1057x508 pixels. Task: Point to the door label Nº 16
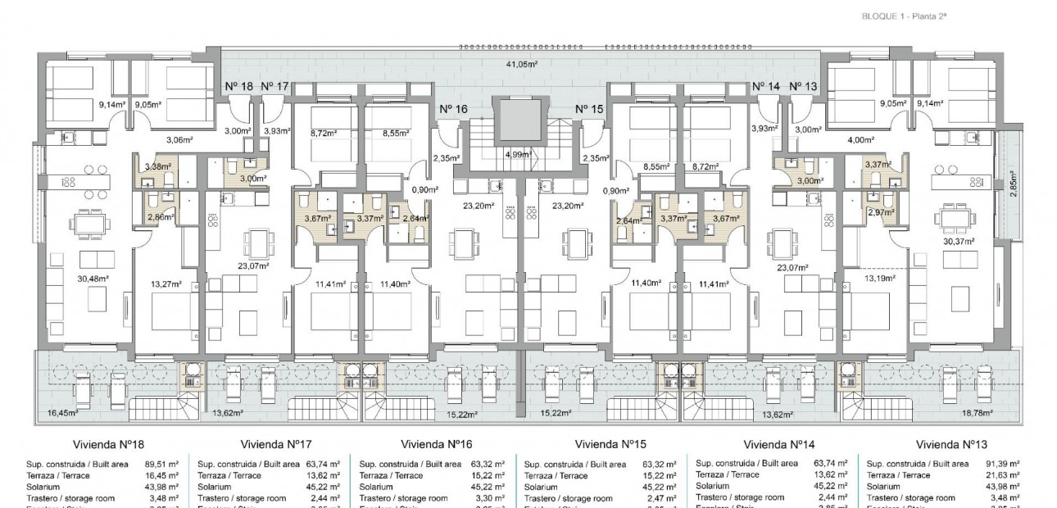pos(453,109)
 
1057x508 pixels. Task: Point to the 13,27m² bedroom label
pos(165,285)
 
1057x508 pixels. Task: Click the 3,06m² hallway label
pos(180,140)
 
